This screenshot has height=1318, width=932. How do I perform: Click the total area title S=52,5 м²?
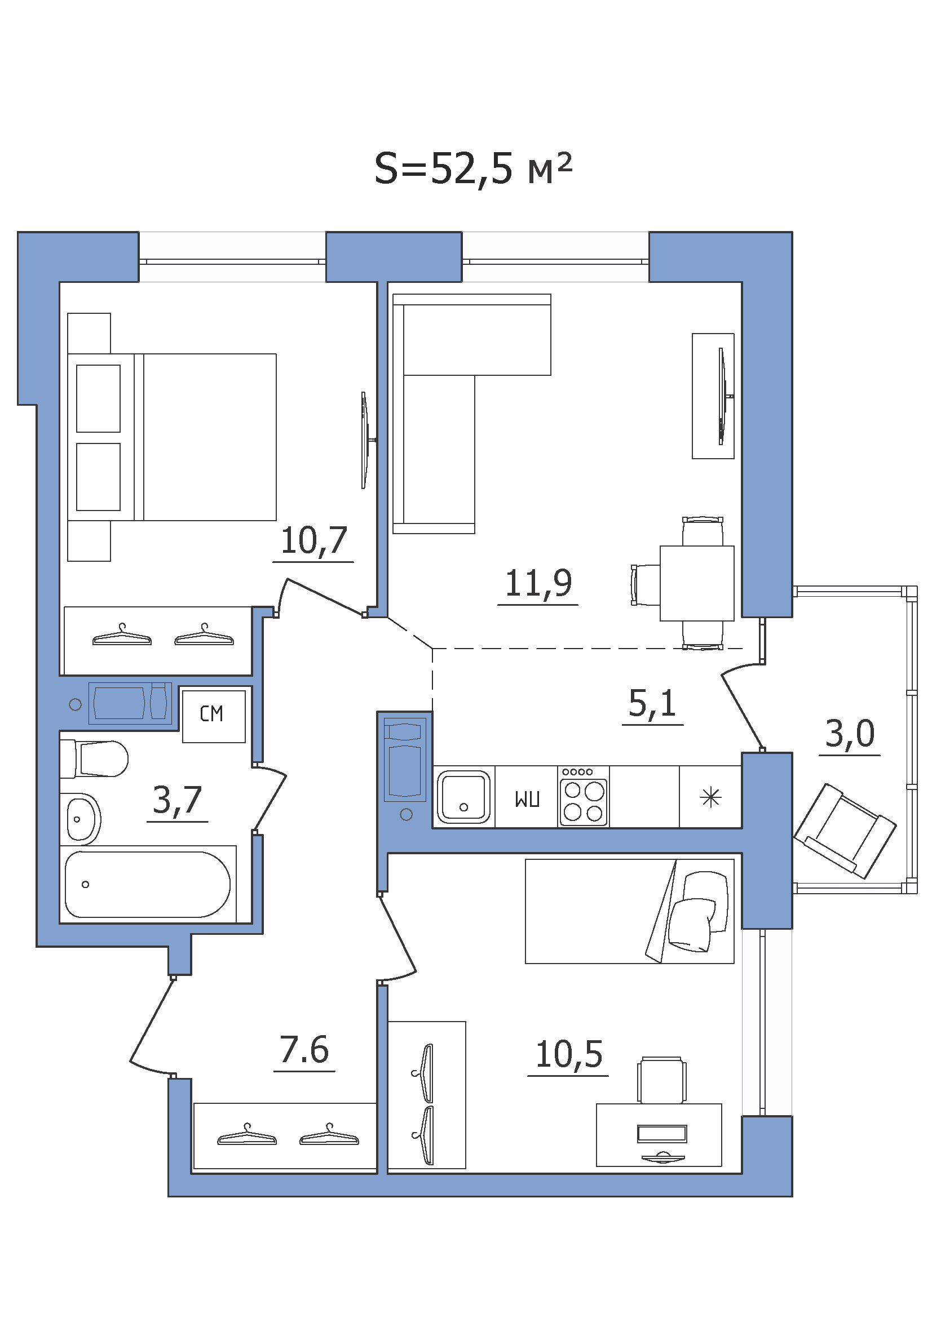(x=473, y=169)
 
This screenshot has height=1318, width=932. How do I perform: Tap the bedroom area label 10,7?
(x=313, y=541)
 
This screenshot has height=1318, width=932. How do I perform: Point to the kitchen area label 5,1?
(x=652, y=703)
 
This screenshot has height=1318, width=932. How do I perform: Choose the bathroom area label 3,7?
(x=178, y=800)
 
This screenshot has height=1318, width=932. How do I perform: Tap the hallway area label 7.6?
(x=304, y=1050)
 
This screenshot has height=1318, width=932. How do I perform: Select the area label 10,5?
(x=568, y=1054)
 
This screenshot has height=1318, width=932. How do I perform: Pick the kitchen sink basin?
(x=463, y=797)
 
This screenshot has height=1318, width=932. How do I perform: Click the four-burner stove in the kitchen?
(x=584, y=797)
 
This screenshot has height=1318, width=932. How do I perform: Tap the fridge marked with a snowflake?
(x=710, y=797)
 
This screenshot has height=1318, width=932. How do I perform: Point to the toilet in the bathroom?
(x=94, y=758)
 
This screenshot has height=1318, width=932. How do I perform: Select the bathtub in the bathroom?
(x=148, y=885)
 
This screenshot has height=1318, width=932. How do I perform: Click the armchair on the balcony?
(x=845, y=831)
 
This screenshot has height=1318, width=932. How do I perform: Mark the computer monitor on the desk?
(x=662, y=1134)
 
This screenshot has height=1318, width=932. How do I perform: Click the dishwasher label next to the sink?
(x=527, y=799)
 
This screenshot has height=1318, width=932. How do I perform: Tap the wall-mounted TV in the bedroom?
(x=366, y=440)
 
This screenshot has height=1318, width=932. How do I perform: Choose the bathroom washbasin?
(x=81, y=819)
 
